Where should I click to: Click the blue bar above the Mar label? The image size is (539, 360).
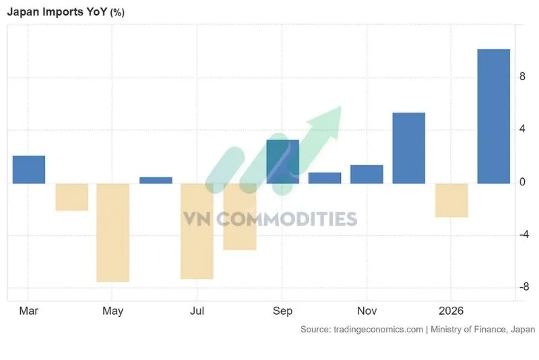coord(29,169)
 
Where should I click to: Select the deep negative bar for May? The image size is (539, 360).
coord(113,232)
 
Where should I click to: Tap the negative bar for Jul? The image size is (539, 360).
coord(197,231)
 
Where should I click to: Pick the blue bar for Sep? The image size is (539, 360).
coord(282,162)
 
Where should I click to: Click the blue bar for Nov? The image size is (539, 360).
coord(367,174)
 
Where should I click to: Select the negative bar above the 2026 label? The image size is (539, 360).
coord(451,200)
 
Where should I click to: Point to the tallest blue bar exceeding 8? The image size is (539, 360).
coord(494,116)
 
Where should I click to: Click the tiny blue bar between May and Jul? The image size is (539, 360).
coord(156,180)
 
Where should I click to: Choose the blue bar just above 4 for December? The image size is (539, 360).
coord(409,148)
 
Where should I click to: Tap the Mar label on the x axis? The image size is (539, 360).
coord(28,311)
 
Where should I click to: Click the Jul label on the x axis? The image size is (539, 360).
coord(197,311)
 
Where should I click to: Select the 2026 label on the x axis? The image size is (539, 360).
coord(451,311)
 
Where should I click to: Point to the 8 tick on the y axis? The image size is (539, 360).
coord(521,78)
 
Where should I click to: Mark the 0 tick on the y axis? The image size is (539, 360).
coord(521,182)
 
